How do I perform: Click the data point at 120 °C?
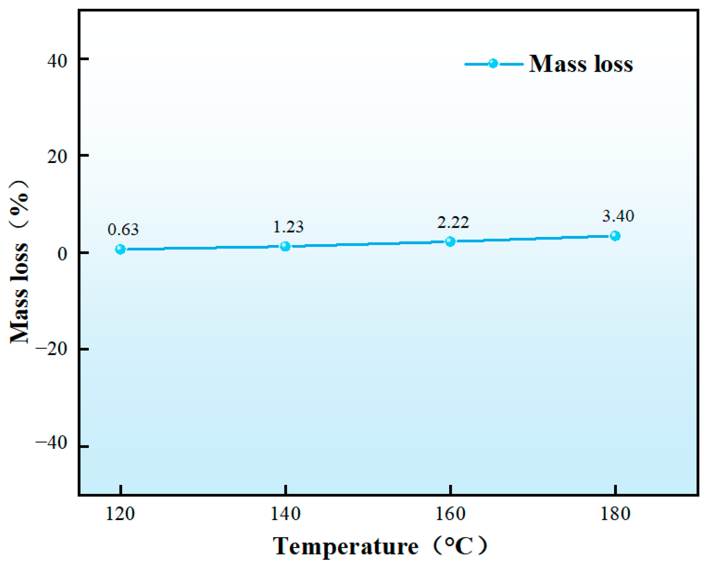click(x=121, y=249)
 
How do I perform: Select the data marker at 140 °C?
click(x=286, y=246)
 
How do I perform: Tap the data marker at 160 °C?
click(x=450, y=242)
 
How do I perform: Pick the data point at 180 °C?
click(x=615, y=236)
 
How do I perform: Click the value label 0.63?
click(x=123, y=230)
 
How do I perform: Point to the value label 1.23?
click(x=288, y=227)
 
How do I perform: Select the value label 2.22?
click(x=453, y=223)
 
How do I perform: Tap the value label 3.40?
click(x=618, y=216)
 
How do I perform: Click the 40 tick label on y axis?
click(x=57, y=61)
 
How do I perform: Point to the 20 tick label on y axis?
click(x=57, y=157)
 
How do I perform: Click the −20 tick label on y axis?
click(x=51, y=349)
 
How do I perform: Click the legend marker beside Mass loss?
click(x=493, y=64)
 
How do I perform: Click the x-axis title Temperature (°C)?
click(x=380, y=546)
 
